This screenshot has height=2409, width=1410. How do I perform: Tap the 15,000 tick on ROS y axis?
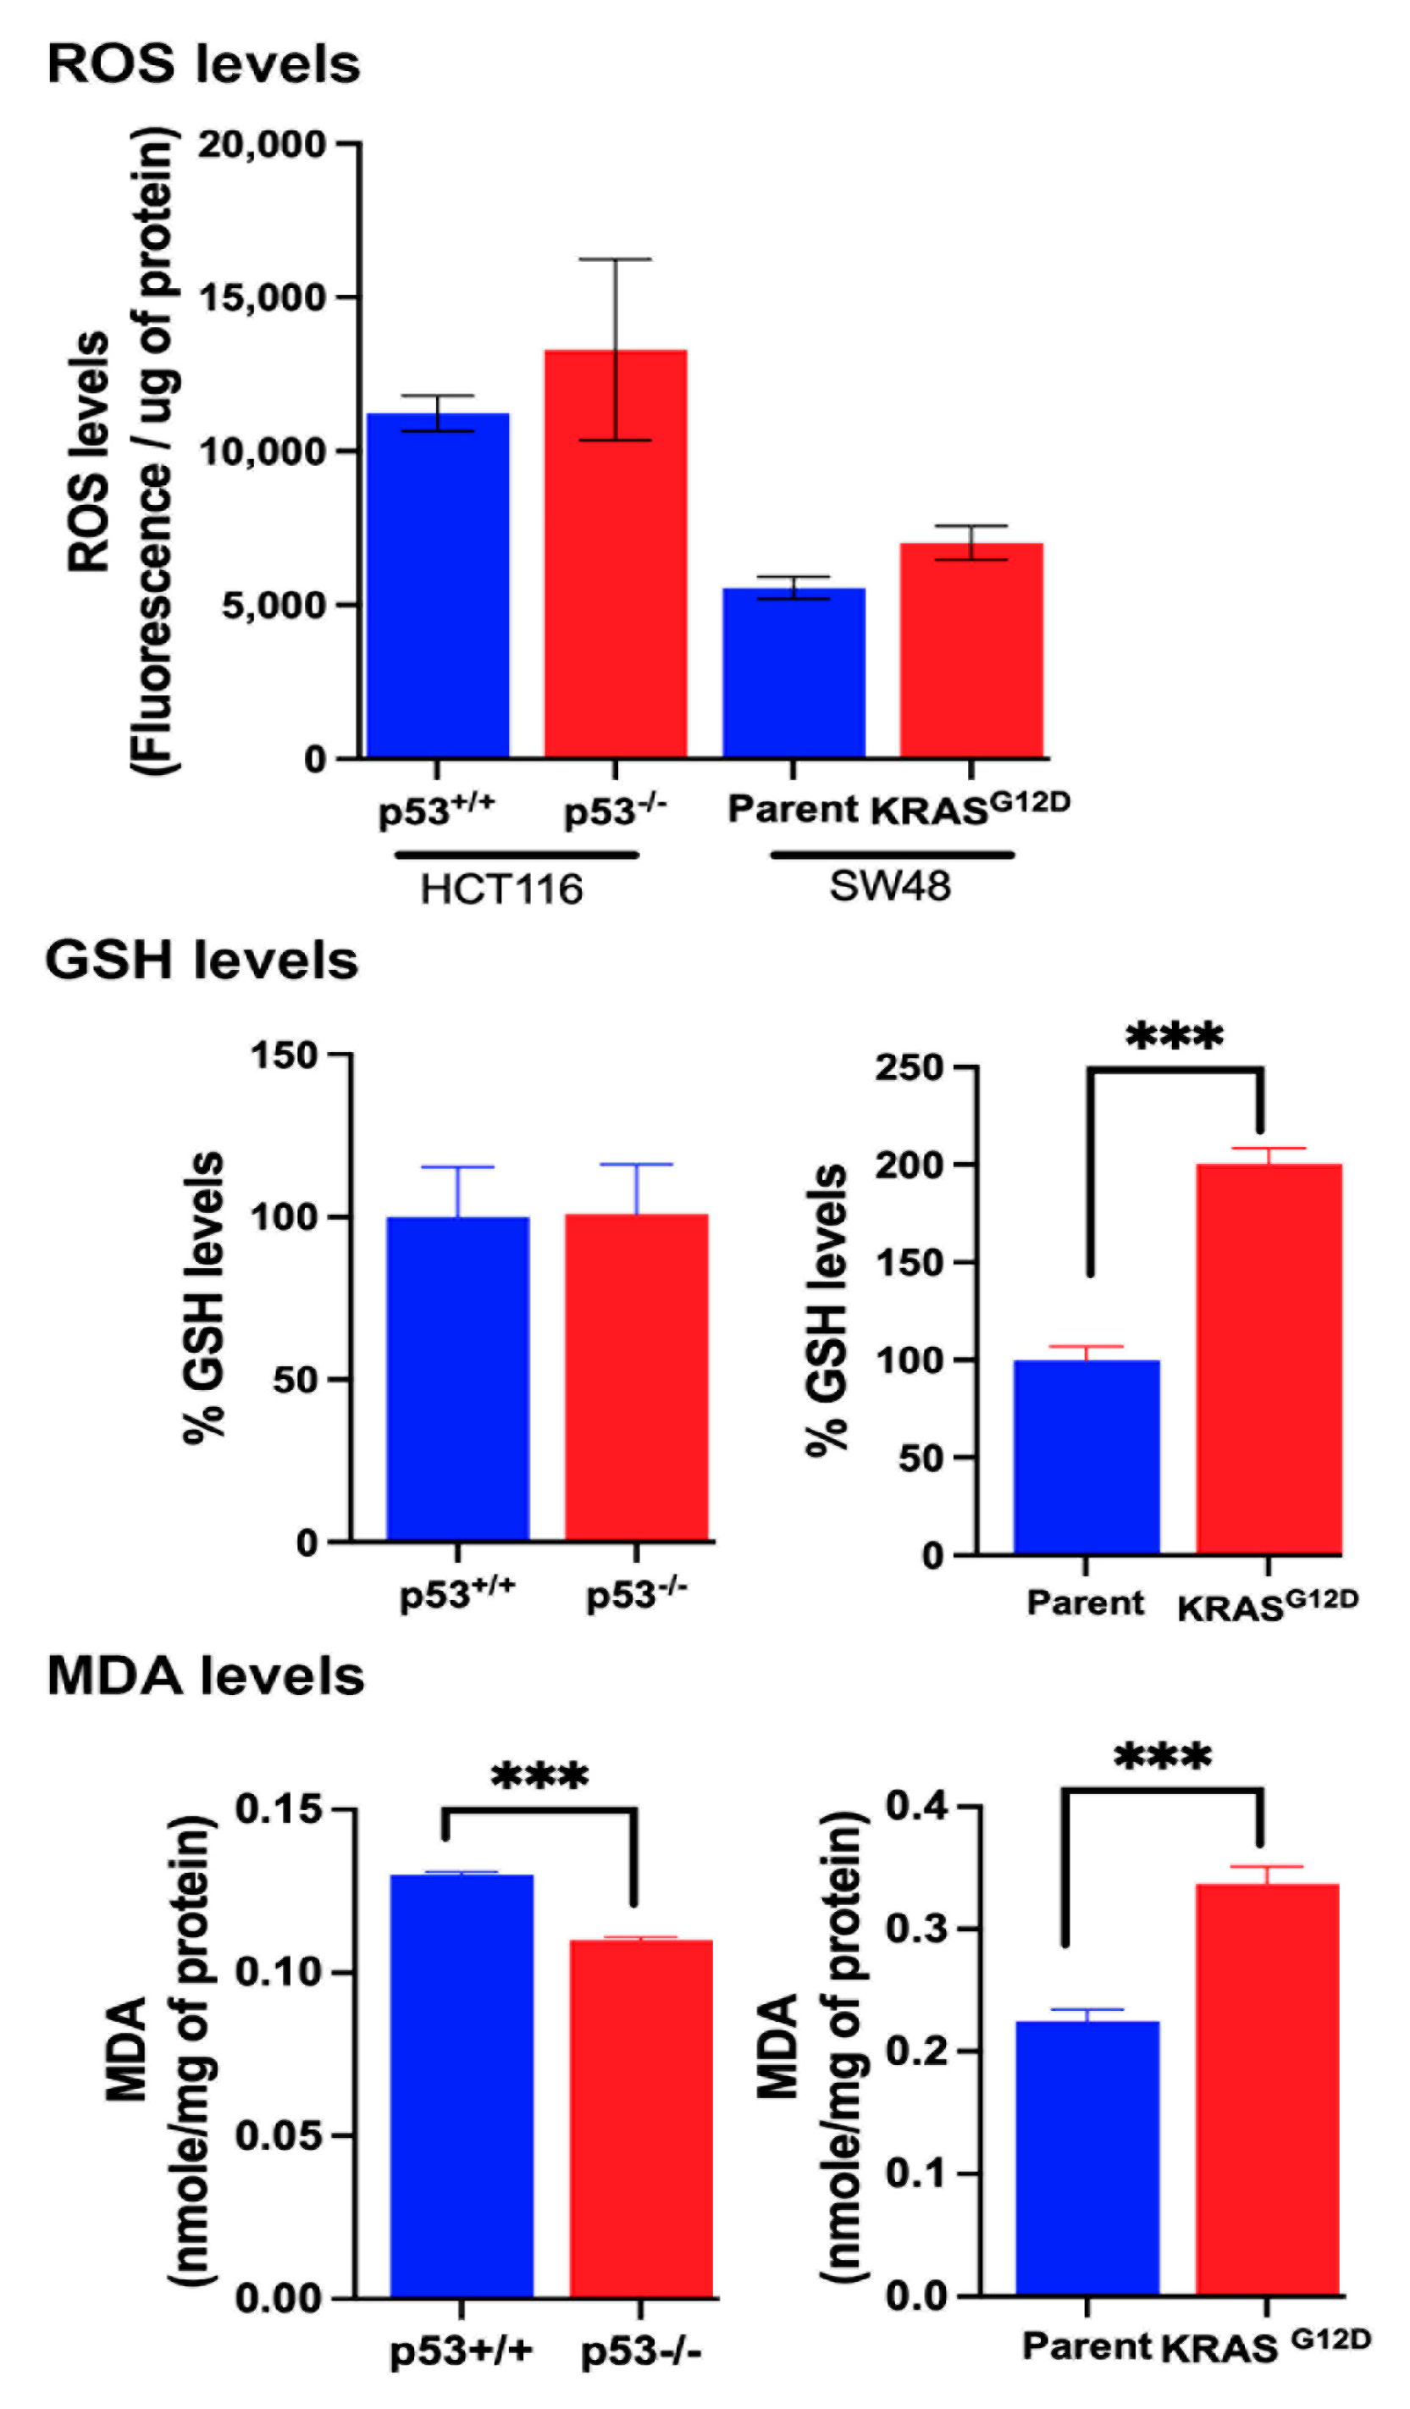(x=263, y=298)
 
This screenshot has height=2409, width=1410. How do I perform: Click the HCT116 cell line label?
(x=502, y=890)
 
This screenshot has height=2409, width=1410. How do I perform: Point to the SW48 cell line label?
(x=890, y=887)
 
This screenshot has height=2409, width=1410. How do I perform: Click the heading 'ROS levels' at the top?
(x=203, y=65)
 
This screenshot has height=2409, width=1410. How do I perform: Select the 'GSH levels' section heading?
(x=202, y=960)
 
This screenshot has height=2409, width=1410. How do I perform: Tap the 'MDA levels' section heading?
(x=206, y=1677)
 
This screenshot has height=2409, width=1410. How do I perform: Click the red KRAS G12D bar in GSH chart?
(x=1269, y=1358)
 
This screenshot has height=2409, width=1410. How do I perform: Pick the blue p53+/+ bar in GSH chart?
(x=458, y=1377)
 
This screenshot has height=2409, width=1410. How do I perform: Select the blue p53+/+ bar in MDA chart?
(x=462, y=2085)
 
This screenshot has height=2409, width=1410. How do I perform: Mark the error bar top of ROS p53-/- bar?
(x=615, y=259)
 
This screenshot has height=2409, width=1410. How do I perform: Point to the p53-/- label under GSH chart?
(x=637, y=1594)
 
